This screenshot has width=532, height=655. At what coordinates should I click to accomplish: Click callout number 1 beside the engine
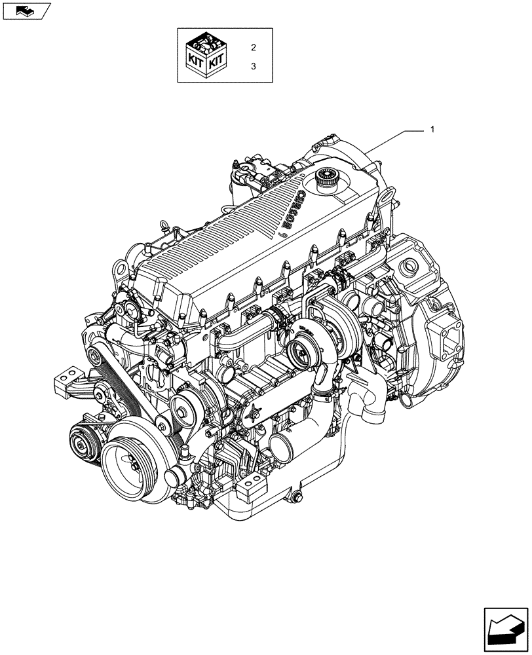(x=432, y=130)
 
